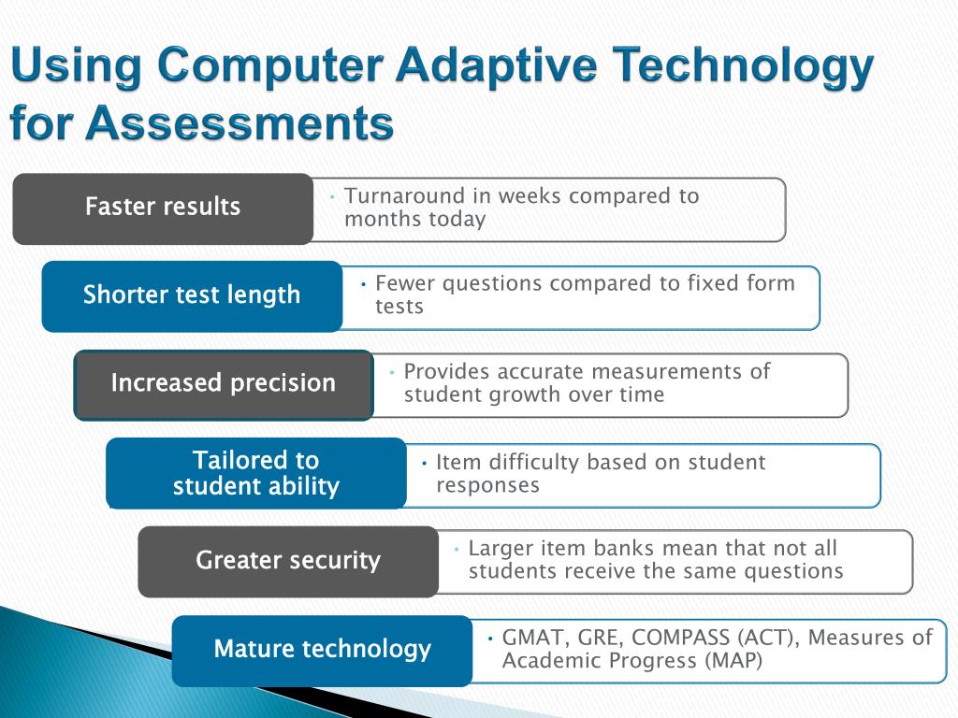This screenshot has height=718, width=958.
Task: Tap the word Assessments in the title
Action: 239,122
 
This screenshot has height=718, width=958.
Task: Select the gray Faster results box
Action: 163,208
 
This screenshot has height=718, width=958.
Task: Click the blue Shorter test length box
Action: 192,296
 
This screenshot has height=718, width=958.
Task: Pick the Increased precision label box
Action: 224,385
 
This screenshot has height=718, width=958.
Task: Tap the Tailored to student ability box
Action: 256,473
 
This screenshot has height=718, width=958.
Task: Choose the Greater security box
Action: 288,562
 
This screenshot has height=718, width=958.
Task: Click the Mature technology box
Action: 322,651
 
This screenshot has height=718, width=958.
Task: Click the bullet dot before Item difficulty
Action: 424,464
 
